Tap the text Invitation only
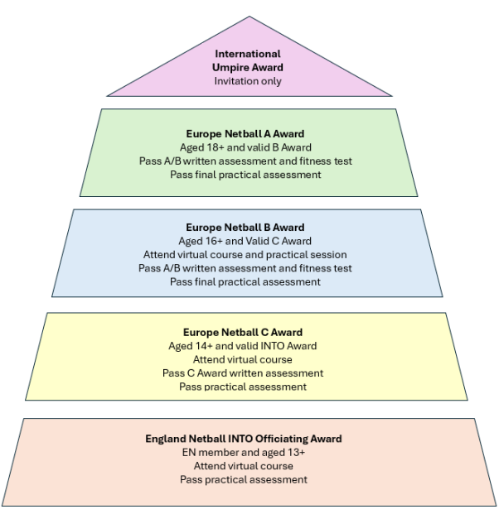click(248, 81)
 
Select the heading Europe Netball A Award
click(245, 133)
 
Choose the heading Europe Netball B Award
click(245, 227)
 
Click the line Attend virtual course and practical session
click(245, 254)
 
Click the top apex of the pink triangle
click(249, 17)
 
